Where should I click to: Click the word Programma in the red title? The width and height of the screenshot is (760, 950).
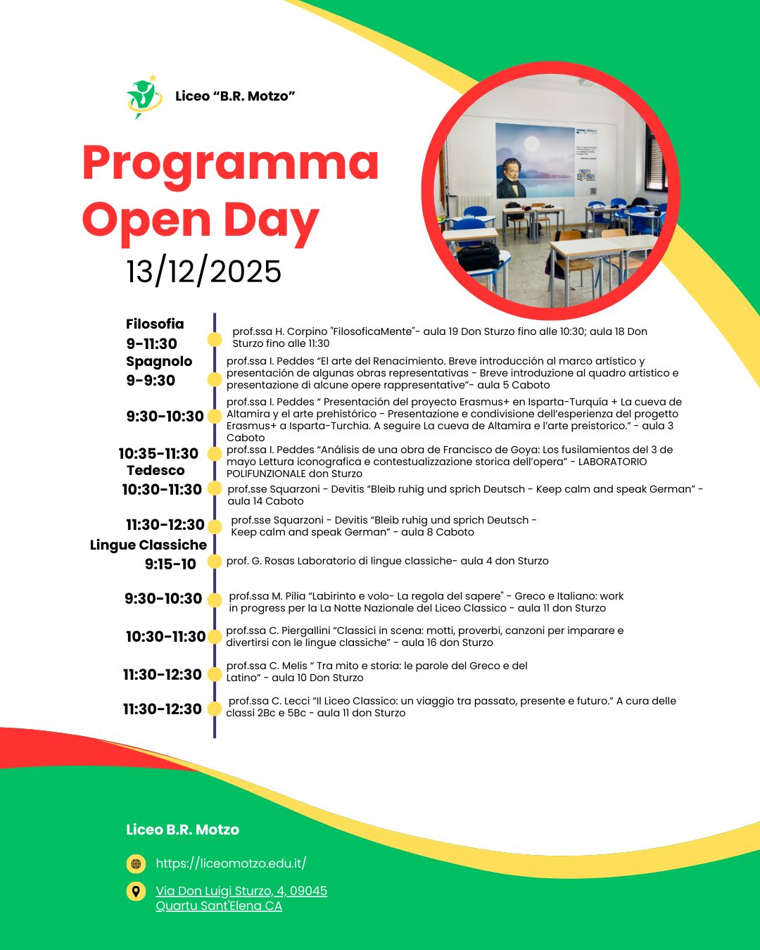[230, 163]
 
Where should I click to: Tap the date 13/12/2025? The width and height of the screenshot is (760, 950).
[203, 272]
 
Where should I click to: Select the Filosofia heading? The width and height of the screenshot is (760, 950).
[155, 324]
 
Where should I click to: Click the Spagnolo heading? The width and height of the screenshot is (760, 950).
[159, 361]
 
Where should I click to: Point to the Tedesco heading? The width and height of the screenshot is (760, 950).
[156, 470]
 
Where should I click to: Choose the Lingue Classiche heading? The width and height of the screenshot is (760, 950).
[148, 545]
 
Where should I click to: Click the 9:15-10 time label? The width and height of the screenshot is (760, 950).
[170, 564]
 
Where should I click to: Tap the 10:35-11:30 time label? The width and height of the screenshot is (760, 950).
[158, 453]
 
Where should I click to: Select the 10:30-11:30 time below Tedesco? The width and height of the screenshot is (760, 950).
[162, 489]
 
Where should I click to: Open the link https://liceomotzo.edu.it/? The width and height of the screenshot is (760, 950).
[231, 863]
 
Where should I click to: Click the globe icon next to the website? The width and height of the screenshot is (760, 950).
[136, 863]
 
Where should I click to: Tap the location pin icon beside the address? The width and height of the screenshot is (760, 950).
[136, 891]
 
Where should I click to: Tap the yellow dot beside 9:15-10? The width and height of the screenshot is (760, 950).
[215, 564]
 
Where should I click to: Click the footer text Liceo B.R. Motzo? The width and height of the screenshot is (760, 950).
[182, 830]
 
